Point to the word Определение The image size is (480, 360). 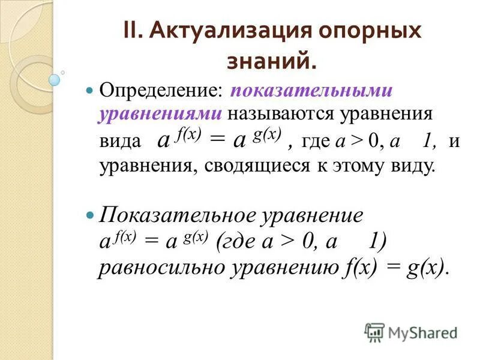click(161, 91)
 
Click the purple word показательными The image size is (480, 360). click(311, 91)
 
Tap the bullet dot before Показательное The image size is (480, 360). click(91, 214)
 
